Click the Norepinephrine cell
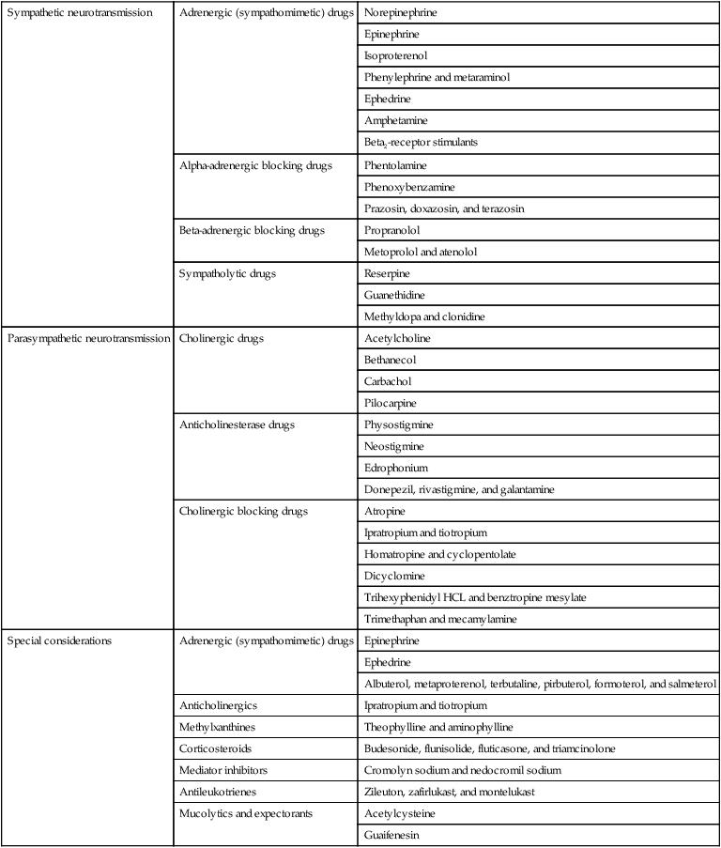(399, 13)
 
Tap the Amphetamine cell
(395, 120)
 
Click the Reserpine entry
(389, 273)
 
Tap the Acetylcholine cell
(395, 338)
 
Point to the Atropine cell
(386, 511)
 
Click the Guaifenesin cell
(392, 834)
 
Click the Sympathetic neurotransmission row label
(79, 13)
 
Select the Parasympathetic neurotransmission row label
(88, 338)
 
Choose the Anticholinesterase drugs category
(237, 424)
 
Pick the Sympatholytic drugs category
(225, 273)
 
